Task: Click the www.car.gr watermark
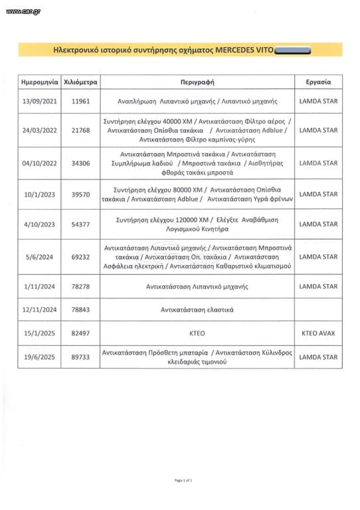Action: (22, 11)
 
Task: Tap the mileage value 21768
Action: (80, 131)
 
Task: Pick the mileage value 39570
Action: (80, 194)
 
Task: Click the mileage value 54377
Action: (80, 224)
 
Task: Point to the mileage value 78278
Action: (80, 286)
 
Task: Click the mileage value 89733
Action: (80, 357)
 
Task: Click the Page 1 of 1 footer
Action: (183, 480)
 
